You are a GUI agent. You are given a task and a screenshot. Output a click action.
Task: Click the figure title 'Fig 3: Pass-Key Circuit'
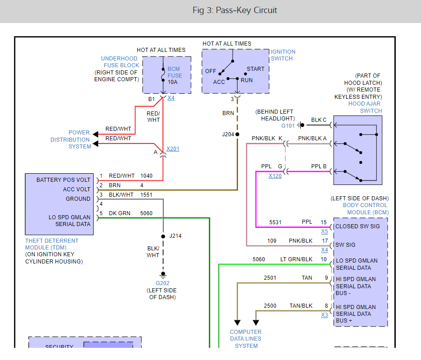(235, 10)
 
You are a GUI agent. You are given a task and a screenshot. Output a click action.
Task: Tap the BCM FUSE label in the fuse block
(175, 72)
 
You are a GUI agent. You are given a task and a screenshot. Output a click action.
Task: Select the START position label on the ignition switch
(256, 69)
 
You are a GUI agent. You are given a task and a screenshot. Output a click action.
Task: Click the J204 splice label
(228, 134)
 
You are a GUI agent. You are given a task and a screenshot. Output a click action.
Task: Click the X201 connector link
(173, 149)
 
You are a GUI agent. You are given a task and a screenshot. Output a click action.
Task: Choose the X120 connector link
(275, 176)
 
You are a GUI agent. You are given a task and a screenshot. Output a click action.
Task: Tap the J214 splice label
(175, 236)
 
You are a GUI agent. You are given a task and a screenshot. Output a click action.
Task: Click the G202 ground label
(163, 283)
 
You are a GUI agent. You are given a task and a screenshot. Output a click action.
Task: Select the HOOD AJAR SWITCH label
(365, 107)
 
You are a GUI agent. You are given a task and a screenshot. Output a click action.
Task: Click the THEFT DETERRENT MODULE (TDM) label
(52, 244)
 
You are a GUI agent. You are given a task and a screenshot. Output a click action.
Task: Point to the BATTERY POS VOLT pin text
(64, 180)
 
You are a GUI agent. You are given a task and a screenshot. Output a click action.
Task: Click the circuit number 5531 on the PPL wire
(275, 222)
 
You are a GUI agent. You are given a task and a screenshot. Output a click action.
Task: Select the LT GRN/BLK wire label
(296, 259)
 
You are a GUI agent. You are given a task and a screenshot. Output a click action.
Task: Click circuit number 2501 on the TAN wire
(271, 278)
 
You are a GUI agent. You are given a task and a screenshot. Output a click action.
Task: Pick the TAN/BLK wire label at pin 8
(301, 306)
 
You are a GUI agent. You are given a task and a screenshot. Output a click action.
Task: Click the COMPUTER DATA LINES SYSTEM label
(246, 339)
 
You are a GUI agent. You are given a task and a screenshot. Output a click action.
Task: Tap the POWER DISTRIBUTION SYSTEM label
(79, 139)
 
